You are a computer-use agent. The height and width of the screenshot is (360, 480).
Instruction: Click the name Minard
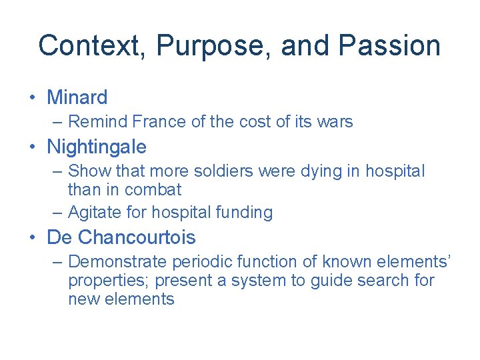(77, 97)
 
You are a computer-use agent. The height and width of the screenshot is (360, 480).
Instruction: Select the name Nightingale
(96, 147)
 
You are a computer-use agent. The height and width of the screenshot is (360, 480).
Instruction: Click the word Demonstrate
(118, 262)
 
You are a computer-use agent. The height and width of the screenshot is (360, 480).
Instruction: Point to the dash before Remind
(58, 122)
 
